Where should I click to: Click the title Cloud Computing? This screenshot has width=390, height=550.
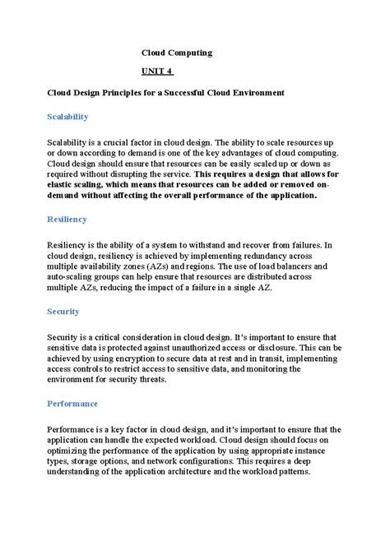[177, 53]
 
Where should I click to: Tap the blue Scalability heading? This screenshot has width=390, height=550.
[67, 117]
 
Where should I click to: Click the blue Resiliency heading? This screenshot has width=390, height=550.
[67, 220]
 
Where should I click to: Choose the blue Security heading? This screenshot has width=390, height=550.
[63, 312]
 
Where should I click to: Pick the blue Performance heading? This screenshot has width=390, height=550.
[72, 404]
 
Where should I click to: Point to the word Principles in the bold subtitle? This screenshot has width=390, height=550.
[134, 93]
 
